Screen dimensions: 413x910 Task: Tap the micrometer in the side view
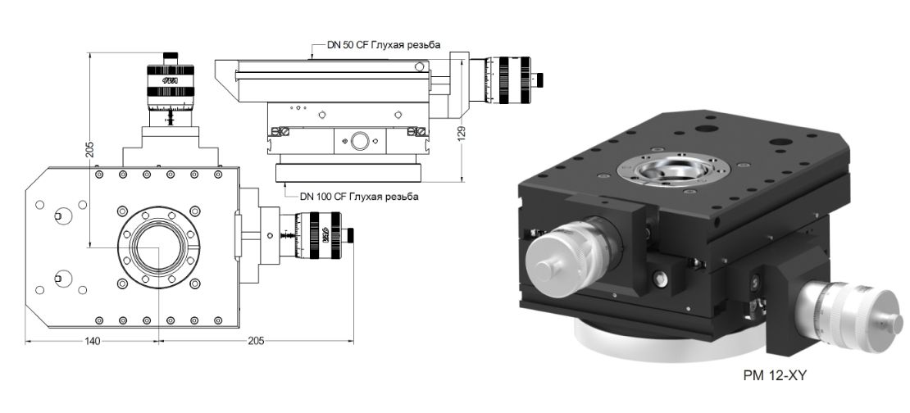[x=508, y=79]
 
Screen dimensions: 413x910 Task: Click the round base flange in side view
[x=348, y=173]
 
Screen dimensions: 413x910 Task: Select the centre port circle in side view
[x=359, y=142]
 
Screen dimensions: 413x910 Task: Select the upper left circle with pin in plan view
[x=60, y=216]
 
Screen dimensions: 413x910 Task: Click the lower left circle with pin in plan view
[x=60, y=276]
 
